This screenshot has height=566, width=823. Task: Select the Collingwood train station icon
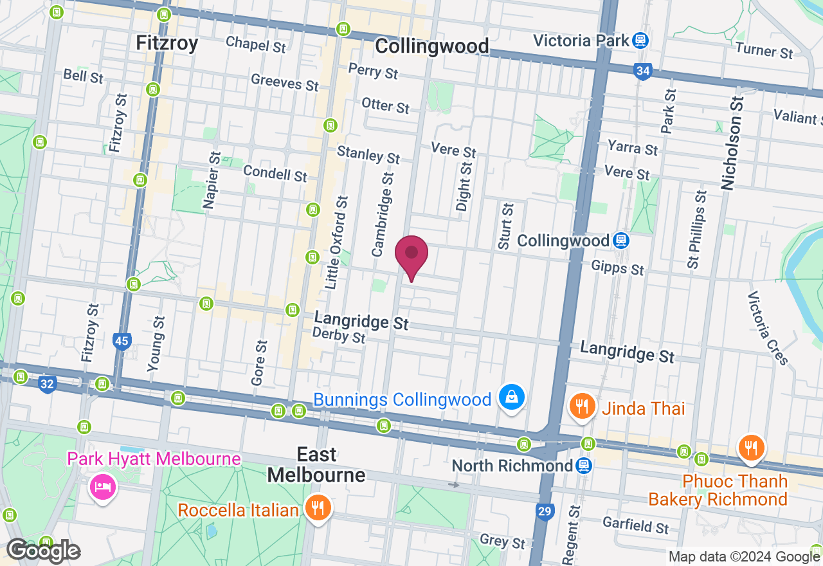coord(620,241)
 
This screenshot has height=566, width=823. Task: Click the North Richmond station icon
coord(583,465)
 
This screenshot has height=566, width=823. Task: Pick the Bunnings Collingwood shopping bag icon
coord(511,398)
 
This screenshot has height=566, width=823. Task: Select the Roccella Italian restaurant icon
coord(318,508)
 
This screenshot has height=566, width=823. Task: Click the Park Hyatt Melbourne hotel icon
coord(103,485)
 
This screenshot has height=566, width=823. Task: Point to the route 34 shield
coord(642,71)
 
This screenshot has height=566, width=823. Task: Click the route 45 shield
coord(122,340)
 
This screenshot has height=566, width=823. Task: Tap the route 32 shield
coord(46,385)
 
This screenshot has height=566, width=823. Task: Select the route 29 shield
coord(544,512)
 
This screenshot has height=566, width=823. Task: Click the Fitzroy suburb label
coord(167,43)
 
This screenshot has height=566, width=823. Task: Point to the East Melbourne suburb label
coord(316,465)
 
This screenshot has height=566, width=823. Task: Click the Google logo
coord(43,551)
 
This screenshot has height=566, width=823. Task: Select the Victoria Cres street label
coord(768,328)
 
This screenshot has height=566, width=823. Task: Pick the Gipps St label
coord(617,267)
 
